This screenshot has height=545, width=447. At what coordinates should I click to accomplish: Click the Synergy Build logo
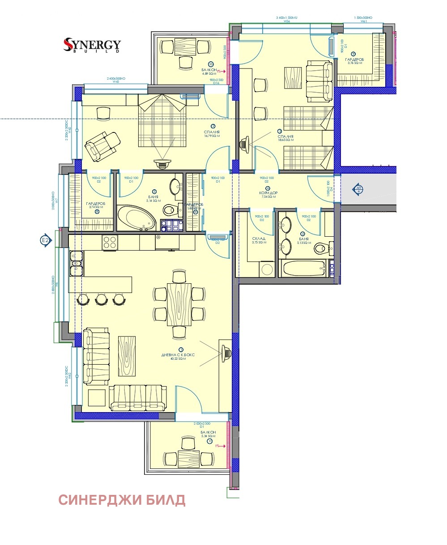click(92, 45)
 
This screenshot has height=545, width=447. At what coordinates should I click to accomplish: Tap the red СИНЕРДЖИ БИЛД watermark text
click(122, 500)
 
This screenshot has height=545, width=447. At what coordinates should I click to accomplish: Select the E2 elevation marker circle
click(45, 241)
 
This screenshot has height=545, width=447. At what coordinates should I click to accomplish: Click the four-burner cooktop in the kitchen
click(110, 243)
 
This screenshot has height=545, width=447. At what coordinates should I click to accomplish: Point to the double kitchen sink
click(76, 264)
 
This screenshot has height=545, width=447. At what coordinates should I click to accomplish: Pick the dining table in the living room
click(179, 304)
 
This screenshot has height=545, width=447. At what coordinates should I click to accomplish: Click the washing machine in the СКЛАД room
click(267, 269)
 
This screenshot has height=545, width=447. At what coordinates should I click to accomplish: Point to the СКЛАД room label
click(259, 239)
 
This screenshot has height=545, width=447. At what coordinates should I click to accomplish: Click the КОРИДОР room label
click(267, 193)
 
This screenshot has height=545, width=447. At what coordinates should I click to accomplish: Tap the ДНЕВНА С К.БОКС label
click(178, 355)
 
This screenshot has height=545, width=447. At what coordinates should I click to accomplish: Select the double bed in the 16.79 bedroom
click(162, 123)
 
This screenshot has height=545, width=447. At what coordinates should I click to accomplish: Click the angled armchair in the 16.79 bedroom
click(102, 145)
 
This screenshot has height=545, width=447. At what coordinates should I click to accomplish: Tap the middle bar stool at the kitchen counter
click(102, 299)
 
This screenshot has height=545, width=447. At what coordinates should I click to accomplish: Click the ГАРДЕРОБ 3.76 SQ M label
click(353, 60)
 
